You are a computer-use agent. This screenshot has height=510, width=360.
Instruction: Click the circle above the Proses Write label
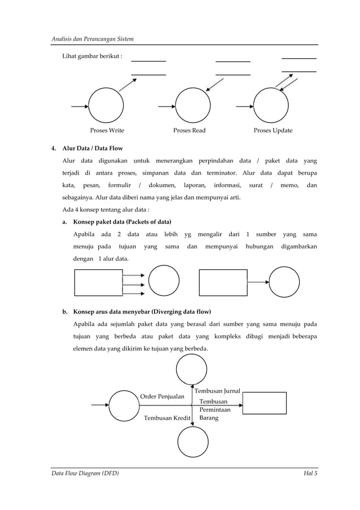pyautogui.click(x=106, y=105)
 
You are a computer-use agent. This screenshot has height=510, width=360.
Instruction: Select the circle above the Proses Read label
pyautogui.click(x=192, y=105)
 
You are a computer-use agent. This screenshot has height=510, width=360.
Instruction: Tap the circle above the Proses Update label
pyautogui.click(x=271, y=105)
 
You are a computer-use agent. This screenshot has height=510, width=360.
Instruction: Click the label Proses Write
pyautogui.click(x=107, y=130)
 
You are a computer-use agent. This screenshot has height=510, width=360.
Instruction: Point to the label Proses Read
pyautogui.click(x=189, y=130)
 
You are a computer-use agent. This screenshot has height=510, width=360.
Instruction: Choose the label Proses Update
pyautogui.click(x=273, y=130)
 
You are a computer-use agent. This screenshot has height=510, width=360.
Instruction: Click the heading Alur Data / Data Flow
pyautogui.click(x=92, y=149)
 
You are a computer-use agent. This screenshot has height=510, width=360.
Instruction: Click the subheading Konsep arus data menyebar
pyautogui.click(x=143, y=311)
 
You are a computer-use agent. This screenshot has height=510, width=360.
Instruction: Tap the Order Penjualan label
pyautogui.click(x=162, y=396)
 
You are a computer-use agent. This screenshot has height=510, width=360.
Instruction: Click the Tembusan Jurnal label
pyautogui.click(x=217, y=391)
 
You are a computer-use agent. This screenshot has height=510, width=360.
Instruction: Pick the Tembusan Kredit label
pyautogui.click(x=166, y=418)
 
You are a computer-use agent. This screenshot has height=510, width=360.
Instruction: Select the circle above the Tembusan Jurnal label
pyautogui.click(x=192, y=370)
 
